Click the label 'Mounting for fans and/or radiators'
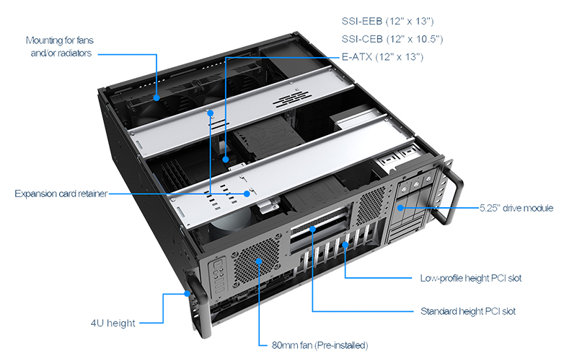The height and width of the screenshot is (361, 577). pyautogui.click(x=58, y=47)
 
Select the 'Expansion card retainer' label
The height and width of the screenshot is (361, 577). pyautogui.click(x=61, y=193)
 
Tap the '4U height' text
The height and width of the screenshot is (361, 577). pyautogui.click(x=114, y=323)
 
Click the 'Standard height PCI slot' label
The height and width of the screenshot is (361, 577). pyautogui.click(x=467, y=312)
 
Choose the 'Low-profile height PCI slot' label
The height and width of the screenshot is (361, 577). pyautogui.click(x=470, y=277)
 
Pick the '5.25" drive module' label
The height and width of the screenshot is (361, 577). pyautogui.click(x=516, y=208)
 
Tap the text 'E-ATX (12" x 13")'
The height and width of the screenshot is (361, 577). pyautogui.click(x=382, y=56)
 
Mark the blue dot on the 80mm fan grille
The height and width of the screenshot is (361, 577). pyautogui.click(x=259, y=260)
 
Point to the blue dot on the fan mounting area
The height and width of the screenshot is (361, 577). pyautogui.click(x=157, y=95)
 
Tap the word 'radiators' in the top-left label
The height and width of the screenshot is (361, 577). pyautogui.click(x=73, y=53)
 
